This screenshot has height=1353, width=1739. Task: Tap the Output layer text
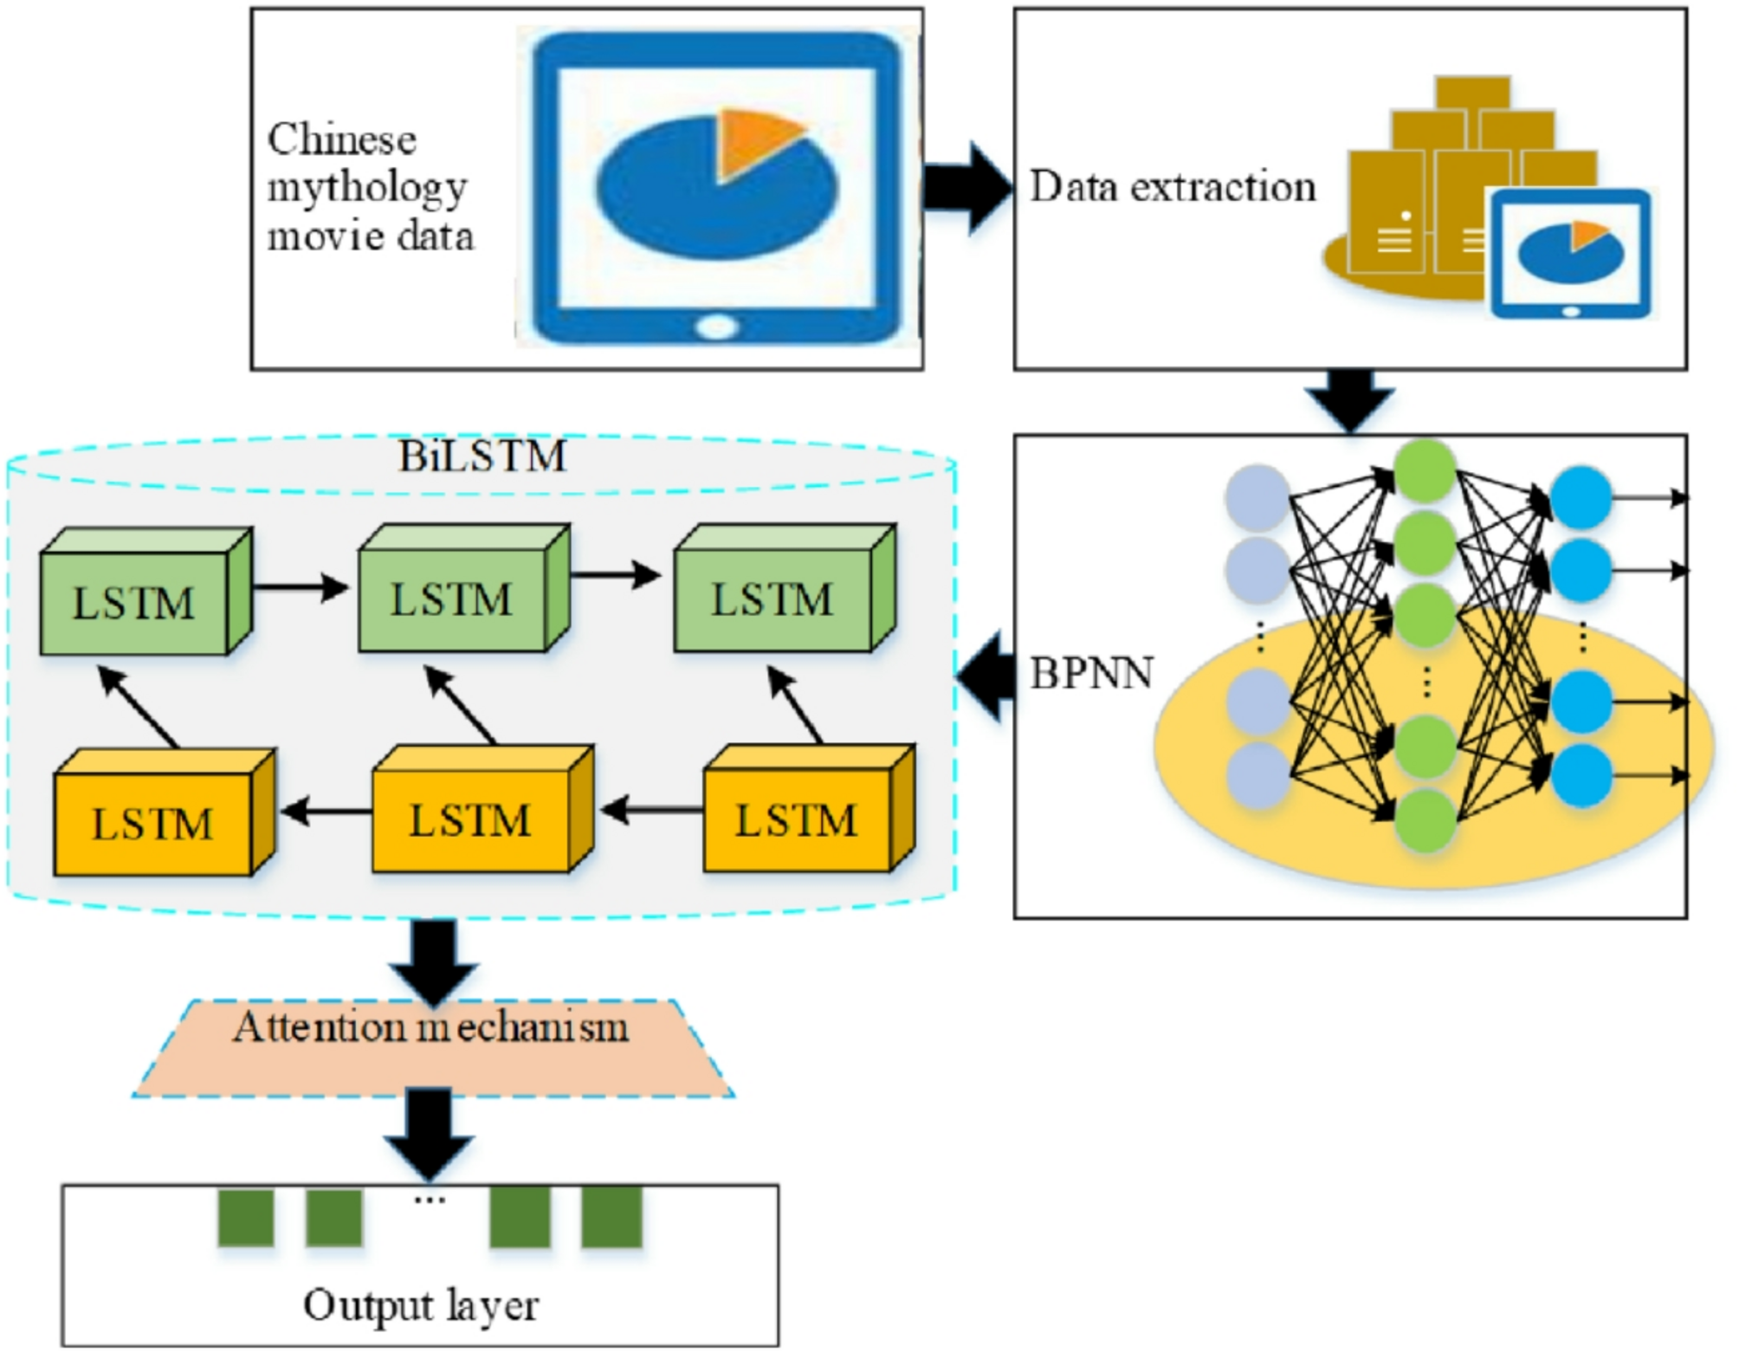[x=421, y=1304]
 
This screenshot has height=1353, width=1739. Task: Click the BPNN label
[x=1091, y=673]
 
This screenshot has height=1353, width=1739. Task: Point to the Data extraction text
[x=1173, y=186]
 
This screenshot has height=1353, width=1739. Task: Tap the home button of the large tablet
[x=717, y=327]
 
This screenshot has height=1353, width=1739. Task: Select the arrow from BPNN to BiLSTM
[x=987, y=676]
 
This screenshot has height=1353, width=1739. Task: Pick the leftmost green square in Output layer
[x=246, y=1218]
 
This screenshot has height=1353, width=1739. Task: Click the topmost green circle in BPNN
[x=1425, y=470]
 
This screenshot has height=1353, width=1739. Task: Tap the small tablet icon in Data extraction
[x=1569, y=254]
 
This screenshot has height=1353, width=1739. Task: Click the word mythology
[x=367, y=188]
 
